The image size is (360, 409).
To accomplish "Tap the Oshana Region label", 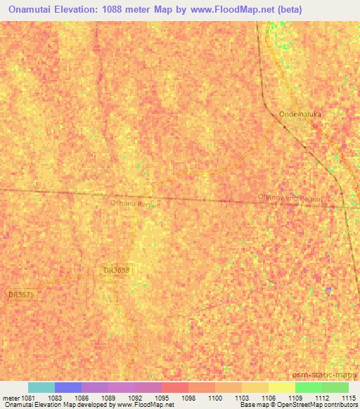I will pyautogui.click(x=136, y=203).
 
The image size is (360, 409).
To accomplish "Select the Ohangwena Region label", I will pyautogui.click(x=290, y=199).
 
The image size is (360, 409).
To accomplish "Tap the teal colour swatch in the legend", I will pyautogui.click(x=41, y=387).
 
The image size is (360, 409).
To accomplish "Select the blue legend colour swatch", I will pyautogui.click(x=68, y=387).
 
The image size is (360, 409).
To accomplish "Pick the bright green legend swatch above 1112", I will pyautogui.click(x=308, y=387).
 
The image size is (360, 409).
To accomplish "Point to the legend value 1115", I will pyautogui.click(x=349, y=398).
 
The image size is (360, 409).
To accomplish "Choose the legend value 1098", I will pyautogui.click(x=188, y=398).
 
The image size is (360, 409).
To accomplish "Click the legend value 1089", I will pyautogui.click(x=108, y=398).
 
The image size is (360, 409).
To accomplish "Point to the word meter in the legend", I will pyautogui.click(x=10, y=398).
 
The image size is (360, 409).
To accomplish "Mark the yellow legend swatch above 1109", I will pyautogui.click(x=281, y=387).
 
